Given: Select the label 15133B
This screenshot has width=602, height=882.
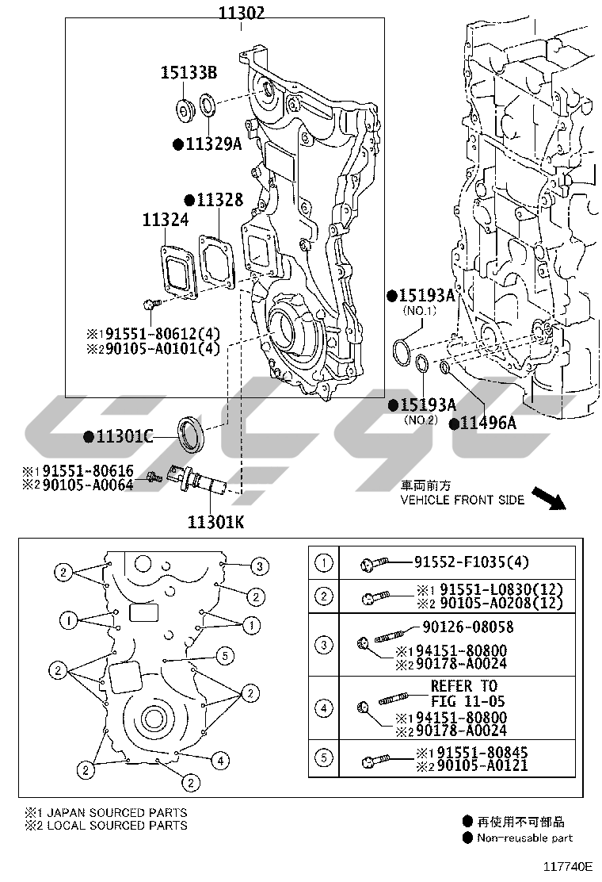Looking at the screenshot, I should coord(189,74).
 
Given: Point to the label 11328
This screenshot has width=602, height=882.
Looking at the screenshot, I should coord(219,200).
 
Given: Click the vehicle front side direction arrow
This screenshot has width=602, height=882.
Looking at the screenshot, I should coord(547,498).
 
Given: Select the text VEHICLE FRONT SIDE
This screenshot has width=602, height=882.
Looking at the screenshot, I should coord(462,500).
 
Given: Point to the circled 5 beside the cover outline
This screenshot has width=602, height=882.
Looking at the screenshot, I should coord(226,655).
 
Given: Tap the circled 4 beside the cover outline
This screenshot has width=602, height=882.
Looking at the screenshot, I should coord(220,761).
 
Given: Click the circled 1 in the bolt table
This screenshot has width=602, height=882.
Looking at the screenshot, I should coord(324,563).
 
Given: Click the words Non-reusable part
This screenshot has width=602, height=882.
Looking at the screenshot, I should coord(524,838).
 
